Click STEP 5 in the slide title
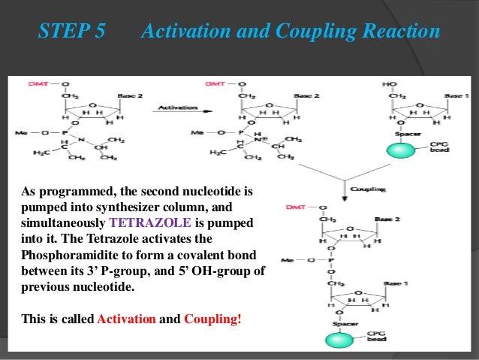(71, 32)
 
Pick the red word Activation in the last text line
(127, 319)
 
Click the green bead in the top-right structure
(406, 150)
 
